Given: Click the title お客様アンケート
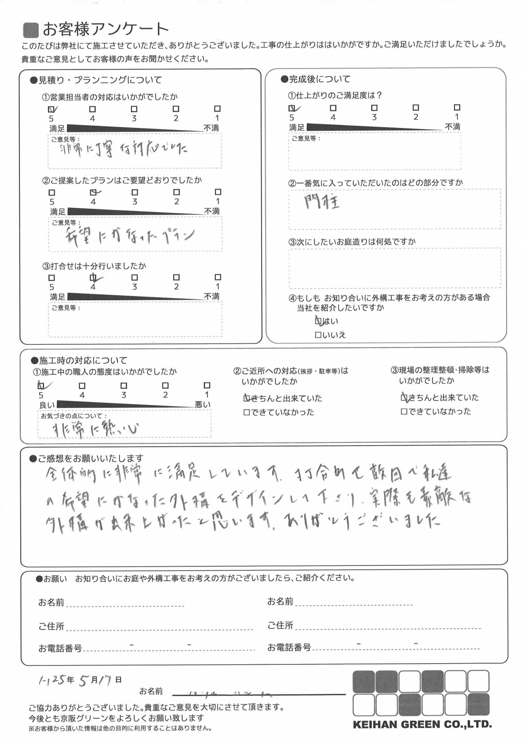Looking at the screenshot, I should point(105,30).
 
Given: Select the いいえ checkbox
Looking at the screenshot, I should point(318,335).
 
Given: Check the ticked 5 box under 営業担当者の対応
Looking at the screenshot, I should point(51,109).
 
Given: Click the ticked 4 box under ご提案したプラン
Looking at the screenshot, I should point(93,192).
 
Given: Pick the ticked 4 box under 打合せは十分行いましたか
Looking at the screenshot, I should point(93,277).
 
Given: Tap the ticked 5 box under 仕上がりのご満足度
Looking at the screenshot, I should point(292,107).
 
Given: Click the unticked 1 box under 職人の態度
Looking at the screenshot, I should point(207,385).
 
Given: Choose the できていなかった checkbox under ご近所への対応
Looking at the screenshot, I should point(246,412).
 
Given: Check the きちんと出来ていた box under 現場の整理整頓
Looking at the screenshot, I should point(404,398).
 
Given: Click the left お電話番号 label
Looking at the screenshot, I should point(60,648).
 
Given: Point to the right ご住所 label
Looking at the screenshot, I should point(280,626).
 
